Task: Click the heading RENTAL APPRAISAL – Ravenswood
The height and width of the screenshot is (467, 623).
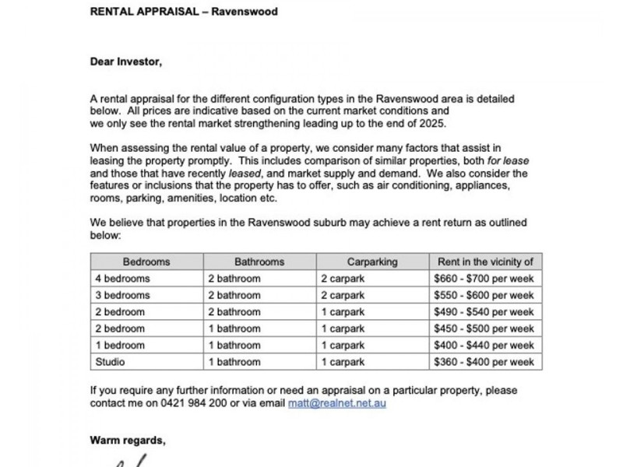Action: (x=184, y=12)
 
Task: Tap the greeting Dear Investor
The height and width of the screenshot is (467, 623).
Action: (x=126, y=62)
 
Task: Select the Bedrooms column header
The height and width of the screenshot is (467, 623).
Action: (x=146, y=262)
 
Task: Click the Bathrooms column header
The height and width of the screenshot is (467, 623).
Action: (x=259, y=262)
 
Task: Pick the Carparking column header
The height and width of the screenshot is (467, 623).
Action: (x=372, y=262)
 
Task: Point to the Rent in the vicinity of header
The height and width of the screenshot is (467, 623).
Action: (x=485, y=262)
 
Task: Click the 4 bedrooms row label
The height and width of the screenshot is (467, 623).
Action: (x=122, y=279)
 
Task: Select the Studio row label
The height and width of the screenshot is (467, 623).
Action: (x=110, y=362)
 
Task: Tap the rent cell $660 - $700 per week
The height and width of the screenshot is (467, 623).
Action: (x=484, y=279)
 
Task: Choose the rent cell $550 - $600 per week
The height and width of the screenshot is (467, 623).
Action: (x=484, y=296)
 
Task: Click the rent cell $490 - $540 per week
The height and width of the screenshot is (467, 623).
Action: (x=484, y=312)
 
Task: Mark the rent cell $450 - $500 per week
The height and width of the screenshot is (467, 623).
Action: (x=484, y=329)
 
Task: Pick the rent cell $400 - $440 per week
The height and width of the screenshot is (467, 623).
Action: (x=484, y=346)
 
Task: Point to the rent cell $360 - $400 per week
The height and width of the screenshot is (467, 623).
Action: (x=484, y=362)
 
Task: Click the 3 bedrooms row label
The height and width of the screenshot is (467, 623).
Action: (x=122, y=296)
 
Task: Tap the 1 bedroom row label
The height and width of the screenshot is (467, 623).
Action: (x=120, y=346)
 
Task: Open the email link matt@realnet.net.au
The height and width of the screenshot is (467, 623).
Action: (x=336, y=403)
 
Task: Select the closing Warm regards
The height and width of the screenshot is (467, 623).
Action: (x=128, y=441)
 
